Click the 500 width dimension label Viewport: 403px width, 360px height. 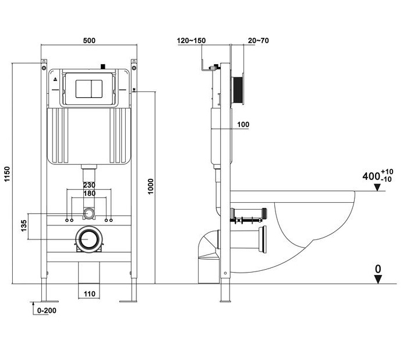coord(89,41)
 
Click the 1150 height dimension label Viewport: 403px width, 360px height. coord(7,174)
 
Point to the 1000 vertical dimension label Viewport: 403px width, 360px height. coord(151,186)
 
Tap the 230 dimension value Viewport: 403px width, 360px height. coord(89,185)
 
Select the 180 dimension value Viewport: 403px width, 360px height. coord(89,193)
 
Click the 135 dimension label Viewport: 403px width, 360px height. coord(24,226)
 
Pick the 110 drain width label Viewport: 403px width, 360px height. coord(89,294)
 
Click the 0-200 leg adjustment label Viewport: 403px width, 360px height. coord(47,310)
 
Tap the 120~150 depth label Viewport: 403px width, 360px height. coord(191,41)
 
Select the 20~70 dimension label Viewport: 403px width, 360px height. coord(259,41)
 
